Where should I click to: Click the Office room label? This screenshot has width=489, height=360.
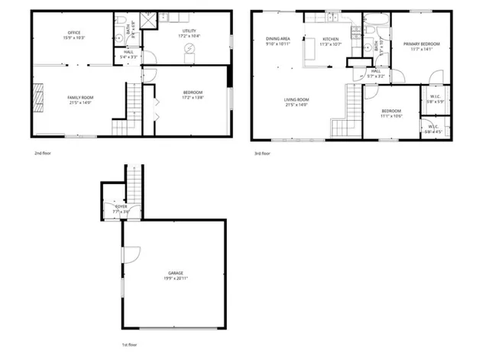(74, 32)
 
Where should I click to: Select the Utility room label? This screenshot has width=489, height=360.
(189, 32)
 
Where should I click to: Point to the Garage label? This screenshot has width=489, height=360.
(176, 273)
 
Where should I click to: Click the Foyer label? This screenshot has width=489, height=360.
(121, 206)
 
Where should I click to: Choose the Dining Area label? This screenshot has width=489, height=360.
(277, 37)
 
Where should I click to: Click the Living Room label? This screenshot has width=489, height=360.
(296, 100)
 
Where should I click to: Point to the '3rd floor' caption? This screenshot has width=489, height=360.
(262, 153)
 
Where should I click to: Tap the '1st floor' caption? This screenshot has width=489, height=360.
(130, 345)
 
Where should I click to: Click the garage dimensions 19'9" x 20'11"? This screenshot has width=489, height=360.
(176, 279)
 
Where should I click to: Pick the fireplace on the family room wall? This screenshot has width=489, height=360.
(35, 97)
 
